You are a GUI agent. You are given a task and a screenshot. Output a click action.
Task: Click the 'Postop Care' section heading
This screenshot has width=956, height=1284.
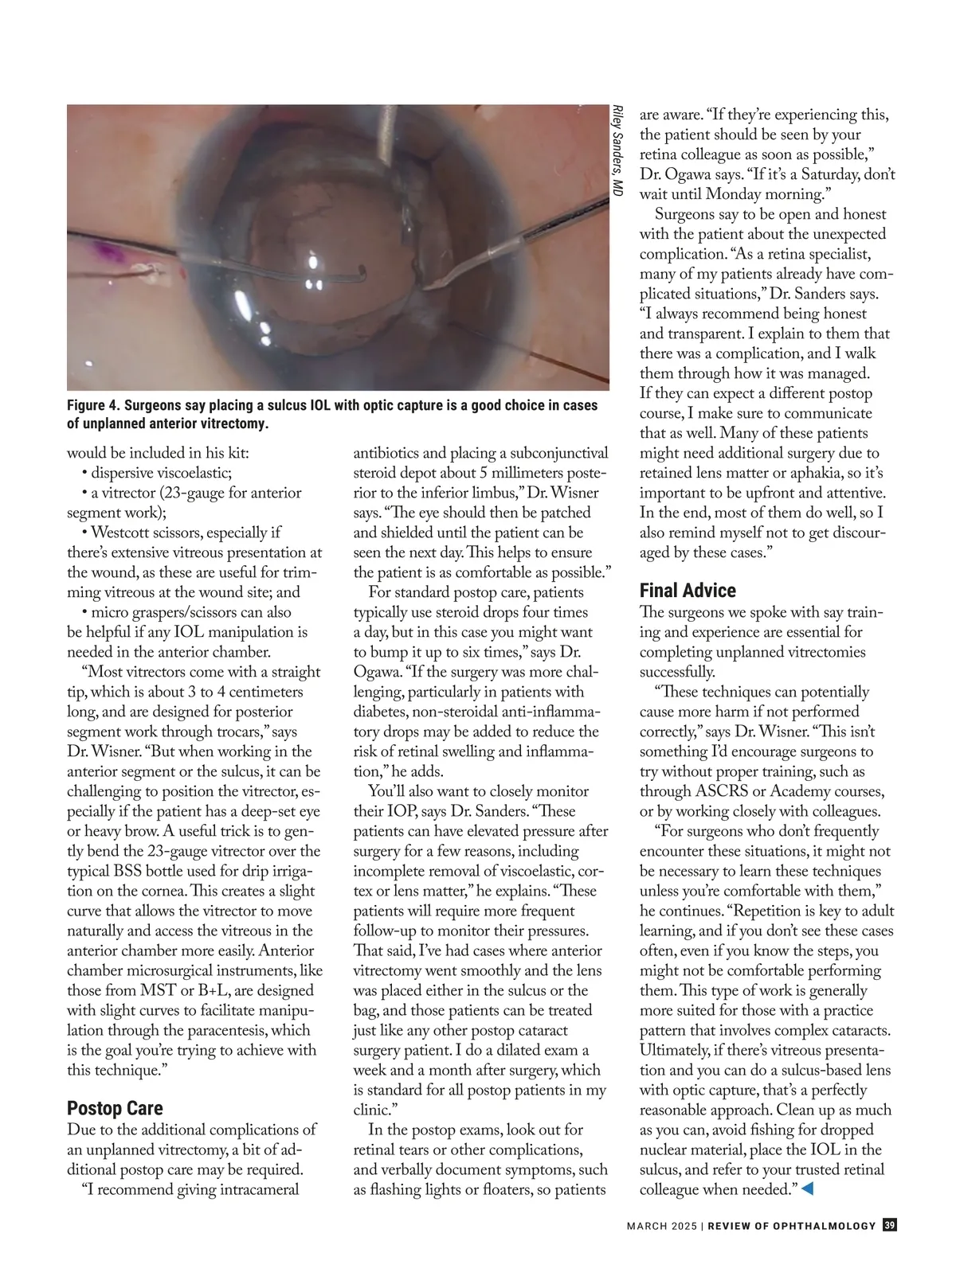click(x=115, y=1108)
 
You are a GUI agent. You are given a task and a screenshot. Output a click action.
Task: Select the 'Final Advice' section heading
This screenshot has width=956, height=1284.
click(x=688, y=591)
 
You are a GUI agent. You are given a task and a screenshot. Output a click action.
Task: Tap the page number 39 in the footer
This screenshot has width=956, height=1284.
click(x=890, y=1226)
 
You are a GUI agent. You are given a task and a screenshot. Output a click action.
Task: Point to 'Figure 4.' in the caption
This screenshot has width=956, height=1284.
click(x=93, y=405)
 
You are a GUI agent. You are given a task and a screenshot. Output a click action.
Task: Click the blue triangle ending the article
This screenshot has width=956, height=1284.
click(x=806, y=1189)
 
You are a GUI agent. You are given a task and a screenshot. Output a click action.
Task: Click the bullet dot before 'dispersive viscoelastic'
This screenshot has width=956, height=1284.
click(x=84, y=474)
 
